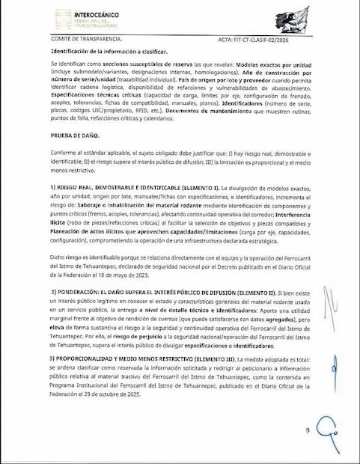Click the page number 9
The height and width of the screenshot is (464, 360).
tap(307, 430)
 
